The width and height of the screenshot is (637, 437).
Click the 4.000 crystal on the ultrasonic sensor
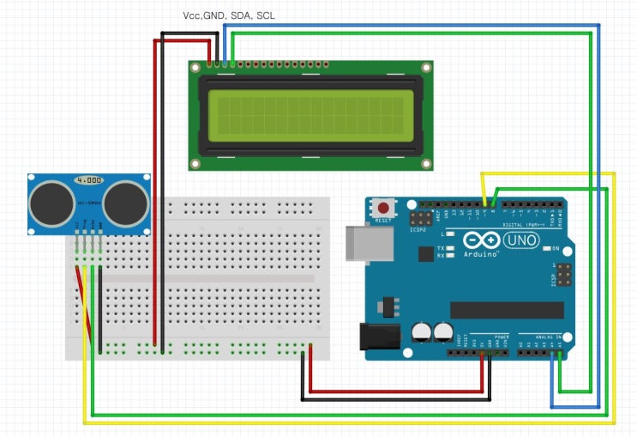pyautogui.click(x=88, y=181)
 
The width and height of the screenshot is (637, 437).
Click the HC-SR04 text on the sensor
pyautogui.click(x=88, y=203)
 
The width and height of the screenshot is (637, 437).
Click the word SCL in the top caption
pyautogui.click(x=266, y=15)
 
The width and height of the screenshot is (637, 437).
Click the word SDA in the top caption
pyautogui.click(x=241, y=15)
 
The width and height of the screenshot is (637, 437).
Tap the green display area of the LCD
pyautogui.click(x=310, y=116)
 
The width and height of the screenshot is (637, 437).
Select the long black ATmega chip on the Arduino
pyautogui.click(x=507, y=309)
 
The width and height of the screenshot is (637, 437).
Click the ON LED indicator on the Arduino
pyautogui.click(x=545, y=248)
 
